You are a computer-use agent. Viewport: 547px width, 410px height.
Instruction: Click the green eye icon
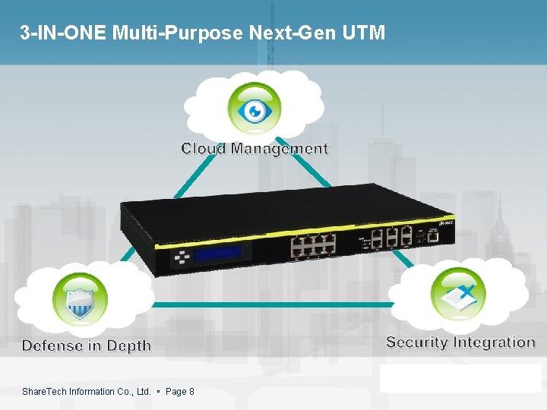coord(255,111)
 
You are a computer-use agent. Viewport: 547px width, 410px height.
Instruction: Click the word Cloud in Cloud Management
coord(203,149)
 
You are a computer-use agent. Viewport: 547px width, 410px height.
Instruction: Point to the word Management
coord(279,149)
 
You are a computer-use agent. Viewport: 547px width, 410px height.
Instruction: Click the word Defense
coord(52,346)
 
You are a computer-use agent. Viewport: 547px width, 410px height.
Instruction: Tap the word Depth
coord(128,346)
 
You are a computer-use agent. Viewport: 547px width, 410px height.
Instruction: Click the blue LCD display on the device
coord(217,254)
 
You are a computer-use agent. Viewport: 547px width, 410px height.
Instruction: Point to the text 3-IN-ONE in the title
coord(62,33)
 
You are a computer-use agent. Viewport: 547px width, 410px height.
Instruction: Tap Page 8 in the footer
coord(180,392)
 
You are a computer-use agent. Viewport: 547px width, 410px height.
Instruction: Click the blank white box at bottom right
coord(460,377)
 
